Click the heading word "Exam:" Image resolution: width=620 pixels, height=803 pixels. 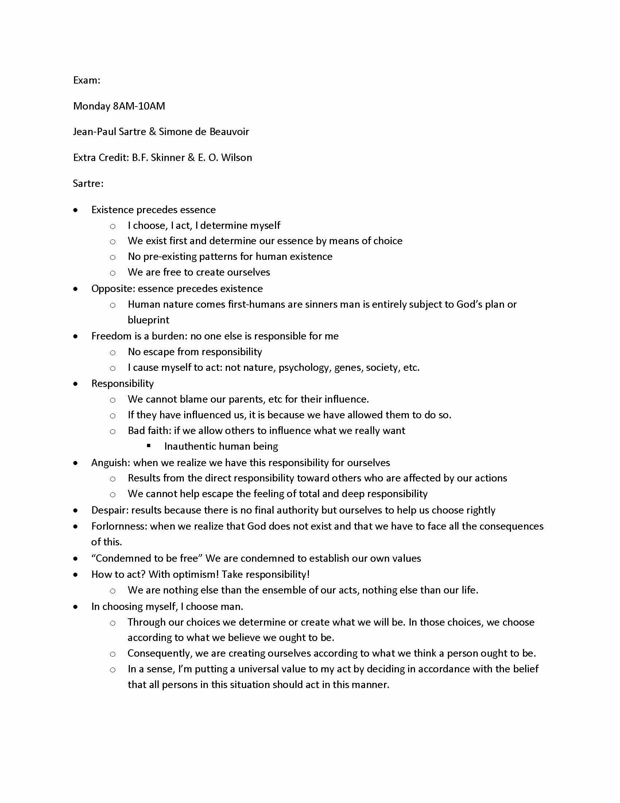coord(87,80)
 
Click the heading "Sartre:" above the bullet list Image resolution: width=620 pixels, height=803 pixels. coord(88,183)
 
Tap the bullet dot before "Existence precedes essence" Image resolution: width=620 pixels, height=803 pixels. coord(75,210)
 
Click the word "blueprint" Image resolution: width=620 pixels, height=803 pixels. coord(148,320)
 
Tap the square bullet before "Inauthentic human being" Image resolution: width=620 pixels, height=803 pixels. coord(149,446)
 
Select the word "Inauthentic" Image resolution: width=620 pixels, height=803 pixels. coord(189,446)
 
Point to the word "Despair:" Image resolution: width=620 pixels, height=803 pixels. coord(110,510)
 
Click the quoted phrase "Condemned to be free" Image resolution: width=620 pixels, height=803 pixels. coord(147,558)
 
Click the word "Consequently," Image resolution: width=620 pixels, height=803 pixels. coord(160,653)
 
